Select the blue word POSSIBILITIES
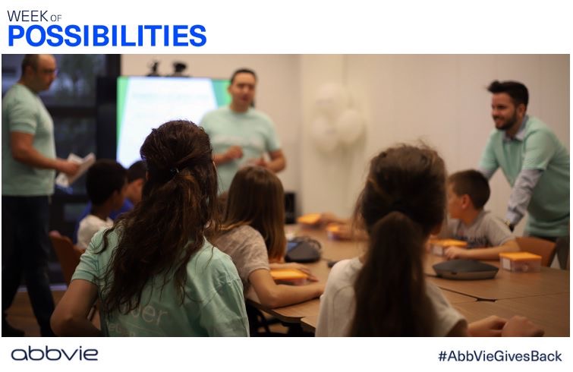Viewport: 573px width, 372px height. (x=106, y=36)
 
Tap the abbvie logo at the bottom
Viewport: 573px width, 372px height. (x=54, y=354)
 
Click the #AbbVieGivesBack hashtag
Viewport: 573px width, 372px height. (x=499, y=355)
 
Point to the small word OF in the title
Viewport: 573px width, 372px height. (x=56, y=17)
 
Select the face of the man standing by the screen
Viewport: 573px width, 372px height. (x=241, y=90)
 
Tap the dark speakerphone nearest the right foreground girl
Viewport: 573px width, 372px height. (x=464, y=269)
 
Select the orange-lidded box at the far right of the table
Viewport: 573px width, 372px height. (x=520, y=261)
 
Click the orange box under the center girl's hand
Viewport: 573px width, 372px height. (x=289, y=276)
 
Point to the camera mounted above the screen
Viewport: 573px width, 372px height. (x=179, y=68)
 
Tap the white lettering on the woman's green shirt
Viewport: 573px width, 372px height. (x=149, y=317)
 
